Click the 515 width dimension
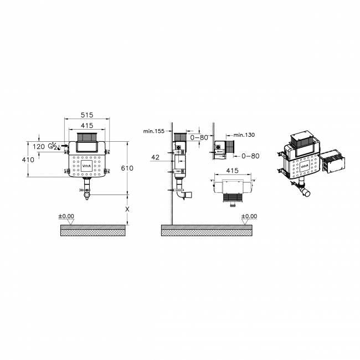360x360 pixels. [x=85, y=115]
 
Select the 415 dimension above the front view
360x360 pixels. [x=85, y=126]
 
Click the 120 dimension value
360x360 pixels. [x=39, y=147]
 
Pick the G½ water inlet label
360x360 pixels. [x=54, y=147]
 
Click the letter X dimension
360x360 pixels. [x=128, y=209]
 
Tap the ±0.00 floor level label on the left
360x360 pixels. [x=66, y=216]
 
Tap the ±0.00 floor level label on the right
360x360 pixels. [x=249, y=216]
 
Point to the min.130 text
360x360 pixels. [x=244, y=135]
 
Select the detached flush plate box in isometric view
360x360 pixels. [x=333, y=161]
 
